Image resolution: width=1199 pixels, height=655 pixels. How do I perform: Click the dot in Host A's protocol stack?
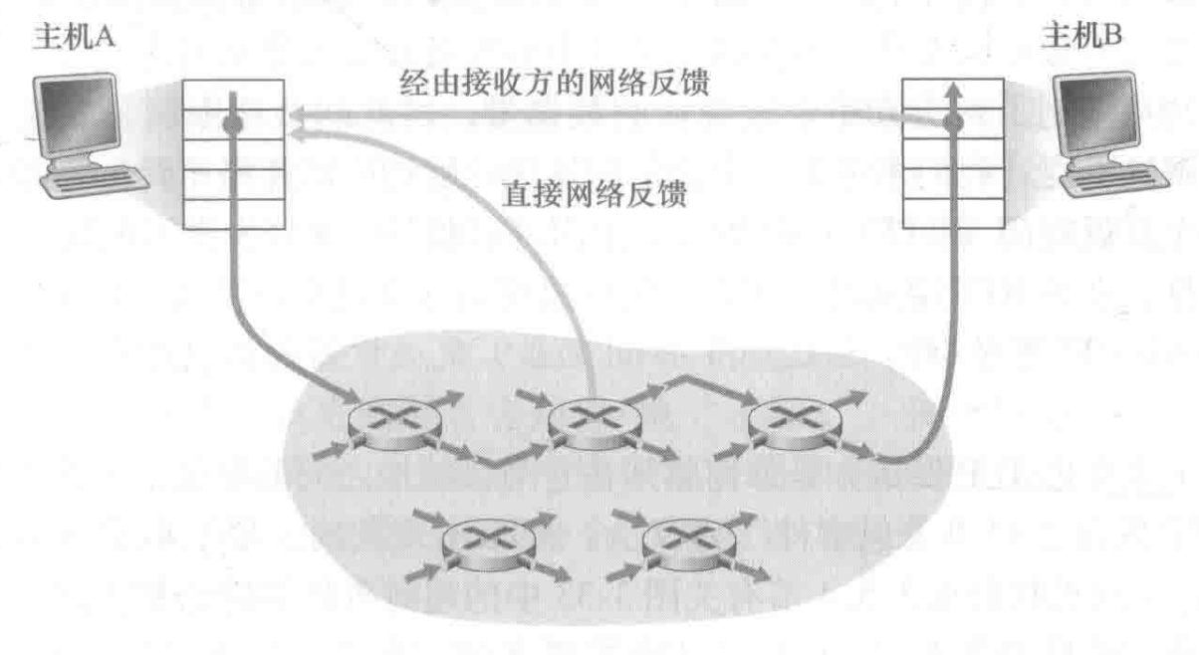tap(233, 124)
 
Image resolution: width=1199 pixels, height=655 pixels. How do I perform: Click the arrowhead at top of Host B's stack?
tap(953, 91)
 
